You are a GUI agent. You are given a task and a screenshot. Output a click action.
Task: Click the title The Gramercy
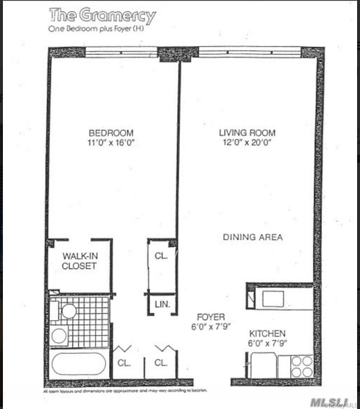click(102, 16)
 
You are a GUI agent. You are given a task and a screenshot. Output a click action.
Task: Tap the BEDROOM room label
click(111, 133)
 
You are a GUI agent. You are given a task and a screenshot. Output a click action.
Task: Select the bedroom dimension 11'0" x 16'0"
click(111, 142)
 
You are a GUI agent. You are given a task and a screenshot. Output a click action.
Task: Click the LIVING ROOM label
click(247, 133)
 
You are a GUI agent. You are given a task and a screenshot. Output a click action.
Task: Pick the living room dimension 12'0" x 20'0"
click(247, 142)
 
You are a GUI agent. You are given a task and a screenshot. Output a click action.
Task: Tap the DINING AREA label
click(253, 237)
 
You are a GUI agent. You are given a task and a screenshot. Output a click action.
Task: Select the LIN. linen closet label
click(162, 304)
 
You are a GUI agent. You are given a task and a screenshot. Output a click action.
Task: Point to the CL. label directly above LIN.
click(161, 256)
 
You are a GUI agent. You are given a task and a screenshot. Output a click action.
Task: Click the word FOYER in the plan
click(211, 317)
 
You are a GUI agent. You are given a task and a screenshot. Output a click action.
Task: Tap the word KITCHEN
click(268, 334)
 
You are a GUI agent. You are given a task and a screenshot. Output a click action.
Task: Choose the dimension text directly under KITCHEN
click(268, 344)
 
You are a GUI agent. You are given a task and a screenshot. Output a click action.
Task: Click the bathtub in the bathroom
click(79, 364)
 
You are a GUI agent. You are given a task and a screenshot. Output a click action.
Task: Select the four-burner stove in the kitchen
click(302, 366)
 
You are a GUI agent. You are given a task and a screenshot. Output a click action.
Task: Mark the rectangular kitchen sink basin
click(273, 299)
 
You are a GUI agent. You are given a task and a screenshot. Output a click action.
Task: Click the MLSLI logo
click(328, 402)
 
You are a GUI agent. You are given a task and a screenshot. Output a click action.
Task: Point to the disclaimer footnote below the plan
click(125, 391)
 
